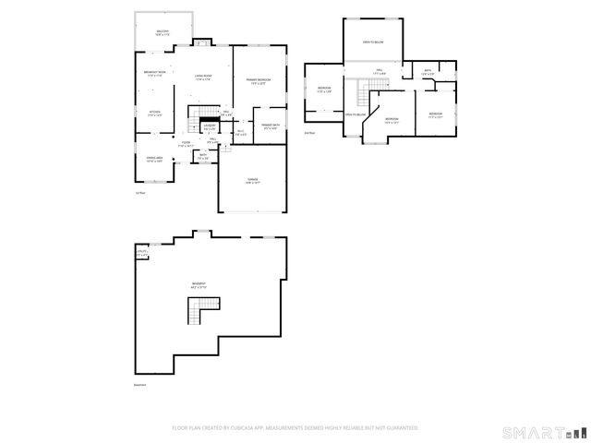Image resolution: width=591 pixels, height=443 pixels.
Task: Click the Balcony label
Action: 163,32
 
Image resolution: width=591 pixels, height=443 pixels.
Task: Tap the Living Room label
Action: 203,78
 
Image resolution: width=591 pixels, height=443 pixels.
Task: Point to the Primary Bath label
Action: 271,126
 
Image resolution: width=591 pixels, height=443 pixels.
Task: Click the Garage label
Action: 252,181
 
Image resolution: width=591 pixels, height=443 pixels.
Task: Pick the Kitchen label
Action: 155,114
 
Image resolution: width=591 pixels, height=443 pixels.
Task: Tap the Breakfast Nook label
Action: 155,74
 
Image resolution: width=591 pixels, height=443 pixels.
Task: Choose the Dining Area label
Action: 155,160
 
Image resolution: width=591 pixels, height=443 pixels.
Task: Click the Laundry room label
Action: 210,127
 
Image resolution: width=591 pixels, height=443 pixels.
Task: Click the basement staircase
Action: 199,317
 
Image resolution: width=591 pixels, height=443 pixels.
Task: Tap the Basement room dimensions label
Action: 199,285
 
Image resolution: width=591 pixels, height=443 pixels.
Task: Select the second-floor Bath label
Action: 428,72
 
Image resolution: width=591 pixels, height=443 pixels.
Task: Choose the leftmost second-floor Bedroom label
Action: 325,90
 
